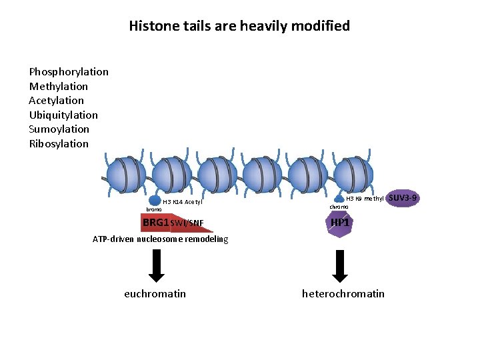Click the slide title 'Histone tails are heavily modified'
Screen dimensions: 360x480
tap(239, 26)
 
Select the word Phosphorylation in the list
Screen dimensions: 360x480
tap(69, 72)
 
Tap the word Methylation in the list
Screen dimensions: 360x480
tap(59, 87)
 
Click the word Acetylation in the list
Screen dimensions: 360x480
tap(57, 101)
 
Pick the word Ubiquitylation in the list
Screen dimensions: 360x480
tap(63, 115)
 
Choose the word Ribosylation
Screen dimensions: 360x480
tap(59, 144)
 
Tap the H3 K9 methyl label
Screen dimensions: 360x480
tap(365, 199)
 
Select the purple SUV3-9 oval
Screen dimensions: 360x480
tap(403, 198)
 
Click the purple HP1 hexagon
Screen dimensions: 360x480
tap(340, 223)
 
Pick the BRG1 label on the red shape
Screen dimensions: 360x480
tap(155, 222)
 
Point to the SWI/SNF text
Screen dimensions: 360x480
tap(187, 223)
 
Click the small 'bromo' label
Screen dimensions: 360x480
tap(153, 209)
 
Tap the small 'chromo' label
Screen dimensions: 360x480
tap(339, 207)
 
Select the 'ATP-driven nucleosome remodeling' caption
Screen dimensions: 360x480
tap(160, 239)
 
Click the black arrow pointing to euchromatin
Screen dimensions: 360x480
tap(156, 265)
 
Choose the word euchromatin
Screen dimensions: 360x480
tap(155, 294)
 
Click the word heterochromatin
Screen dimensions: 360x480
tap(343, 294)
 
